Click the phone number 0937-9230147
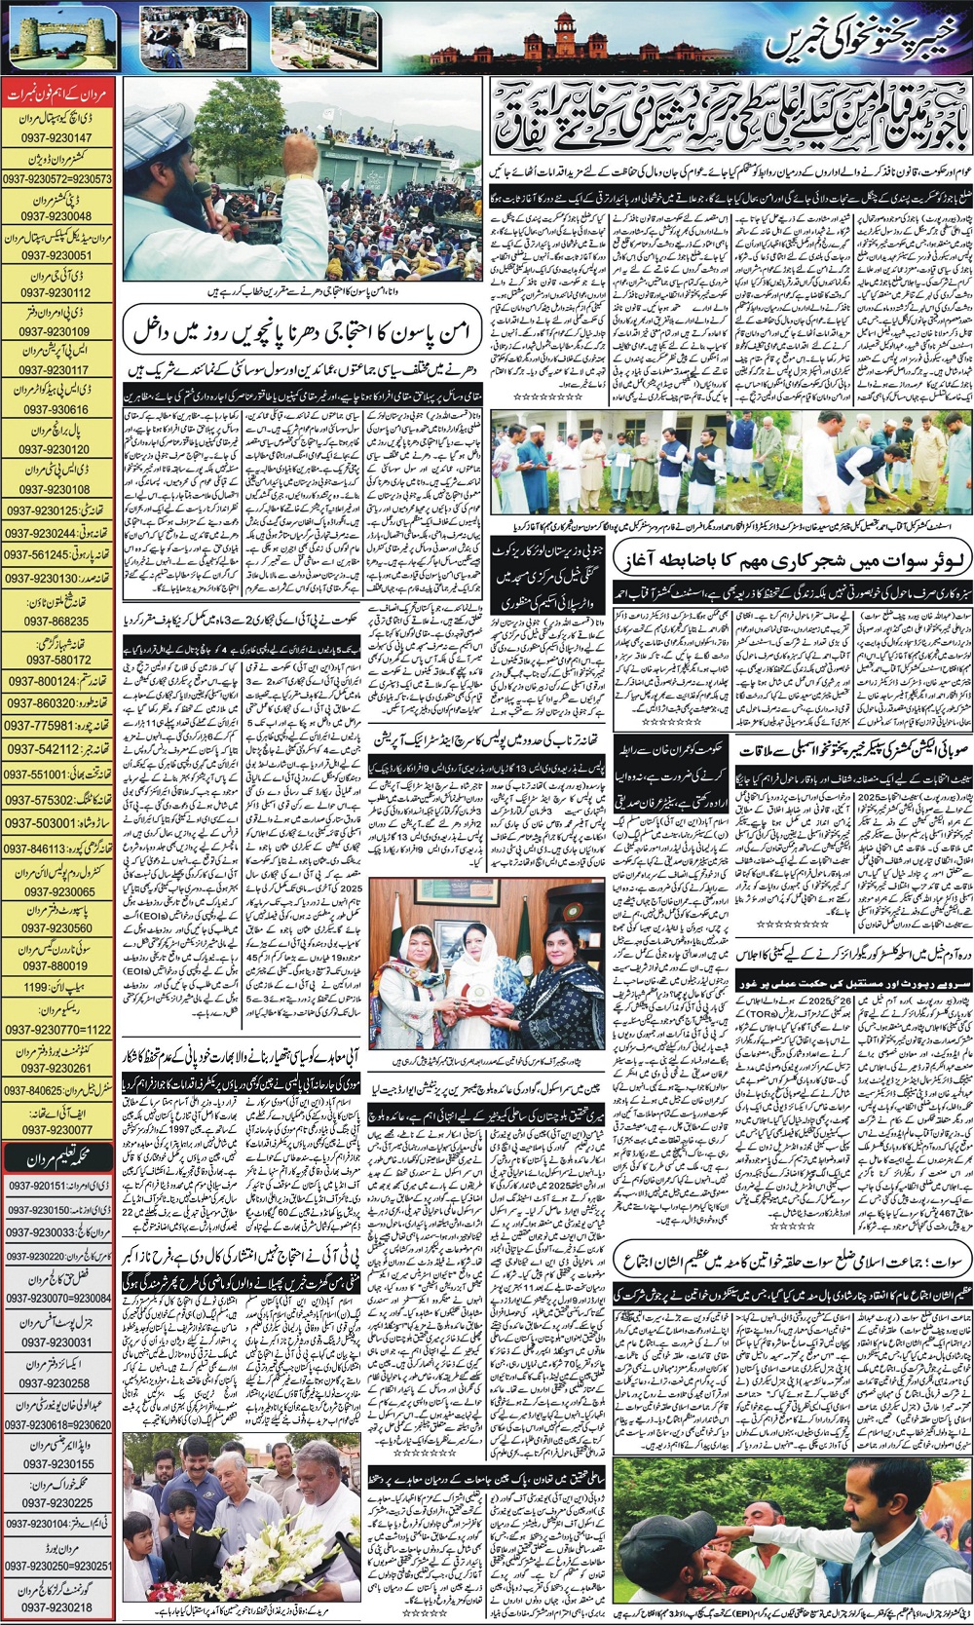(58, 138)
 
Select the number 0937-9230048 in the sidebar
(58, 215)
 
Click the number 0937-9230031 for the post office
(58, 1342)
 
